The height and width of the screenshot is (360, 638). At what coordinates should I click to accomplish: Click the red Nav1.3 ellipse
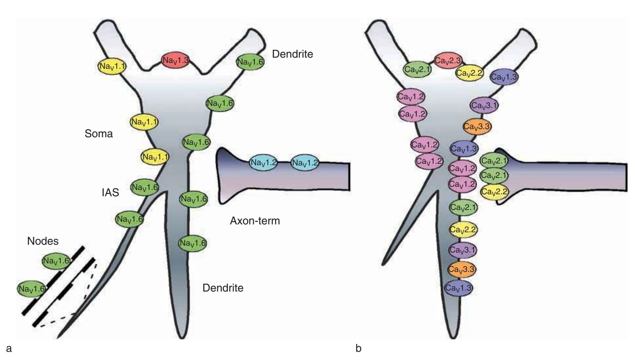(x=176, y=60)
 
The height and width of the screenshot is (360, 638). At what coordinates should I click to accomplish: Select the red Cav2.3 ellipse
(x=448, y=61)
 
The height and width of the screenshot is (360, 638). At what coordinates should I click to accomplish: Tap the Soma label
(x=99, y=134)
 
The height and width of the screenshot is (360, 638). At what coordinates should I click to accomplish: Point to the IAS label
(x=110, y=193)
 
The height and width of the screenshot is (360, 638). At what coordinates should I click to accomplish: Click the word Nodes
(x=43, y=241)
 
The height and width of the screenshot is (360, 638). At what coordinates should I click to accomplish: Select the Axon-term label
(x=255, y=221)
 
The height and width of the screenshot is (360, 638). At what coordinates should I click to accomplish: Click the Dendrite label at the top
(x=292, y=54)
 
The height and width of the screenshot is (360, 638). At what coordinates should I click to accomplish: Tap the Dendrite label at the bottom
(x=223, y=288)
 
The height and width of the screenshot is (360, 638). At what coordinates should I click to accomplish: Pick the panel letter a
(x=9, y=348)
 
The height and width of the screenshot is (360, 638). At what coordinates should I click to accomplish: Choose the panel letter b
(x=358, y=348)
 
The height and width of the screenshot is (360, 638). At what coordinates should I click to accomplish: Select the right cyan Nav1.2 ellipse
(x=305, y=163)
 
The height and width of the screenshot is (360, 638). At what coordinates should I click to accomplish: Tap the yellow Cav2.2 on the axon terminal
(x=494, y=192)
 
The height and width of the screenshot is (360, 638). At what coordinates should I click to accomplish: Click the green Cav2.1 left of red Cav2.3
(x=417, y=69)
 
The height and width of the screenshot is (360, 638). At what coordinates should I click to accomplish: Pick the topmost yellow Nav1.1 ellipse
(x=112, y=66)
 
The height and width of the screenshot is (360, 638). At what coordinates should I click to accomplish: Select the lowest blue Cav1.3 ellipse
(x=459, y=288)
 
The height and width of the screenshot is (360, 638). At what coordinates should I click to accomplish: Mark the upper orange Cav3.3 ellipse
(x=477, y=126)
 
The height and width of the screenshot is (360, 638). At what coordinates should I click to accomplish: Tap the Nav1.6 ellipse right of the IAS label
(x=144, y=188)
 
